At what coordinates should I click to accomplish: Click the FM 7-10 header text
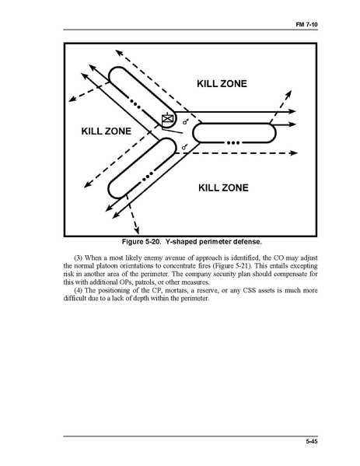pos(306,24)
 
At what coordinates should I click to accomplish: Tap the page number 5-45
pos(312,441)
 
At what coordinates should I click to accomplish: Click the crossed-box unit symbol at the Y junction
pos(167,119)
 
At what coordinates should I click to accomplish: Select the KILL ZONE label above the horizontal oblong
pos(222,83)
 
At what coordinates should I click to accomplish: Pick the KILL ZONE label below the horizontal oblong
pos(223,187)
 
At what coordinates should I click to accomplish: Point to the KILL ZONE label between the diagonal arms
pos(107,131)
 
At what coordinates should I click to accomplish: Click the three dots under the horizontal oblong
pos(233,143)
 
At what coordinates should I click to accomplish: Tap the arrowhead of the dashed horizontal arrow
pos(293,152)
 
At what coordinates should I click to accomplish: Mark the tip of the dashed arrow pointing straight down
pos(137,233)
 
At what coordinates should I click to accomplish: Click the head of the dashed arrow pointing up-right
pos(288,94)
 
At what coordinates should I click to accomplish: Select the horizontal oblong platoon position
pos(234,133)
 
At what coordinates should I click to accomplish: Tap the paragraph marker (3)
pos(78,258)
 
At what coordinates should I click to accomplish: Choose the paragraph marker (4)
pos(78,290)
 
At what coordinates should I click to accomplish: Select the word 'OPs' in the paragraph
pos(127,282)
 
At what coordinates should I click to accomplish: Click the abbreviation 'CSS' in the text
pos(250,290)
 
